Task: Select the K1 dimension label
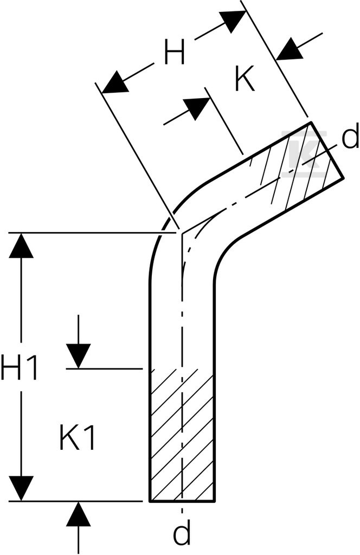click(77, 437)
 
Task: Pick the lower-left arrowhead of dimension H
click(114, 83)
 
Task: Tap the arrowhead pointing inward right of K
click(290, 49)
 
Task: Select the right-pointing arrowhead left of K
click(197, 108)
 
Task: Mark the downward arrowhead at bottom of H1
click(21, 488)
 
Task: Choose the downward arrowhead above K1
click(79, 356)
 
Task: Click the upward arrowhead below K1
click(79, 514)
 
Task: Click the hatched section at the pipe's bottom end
click(182, 435)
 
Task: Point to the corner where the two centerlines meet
click(182, 234)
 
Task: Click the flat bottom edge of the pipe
click(182, 501)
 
